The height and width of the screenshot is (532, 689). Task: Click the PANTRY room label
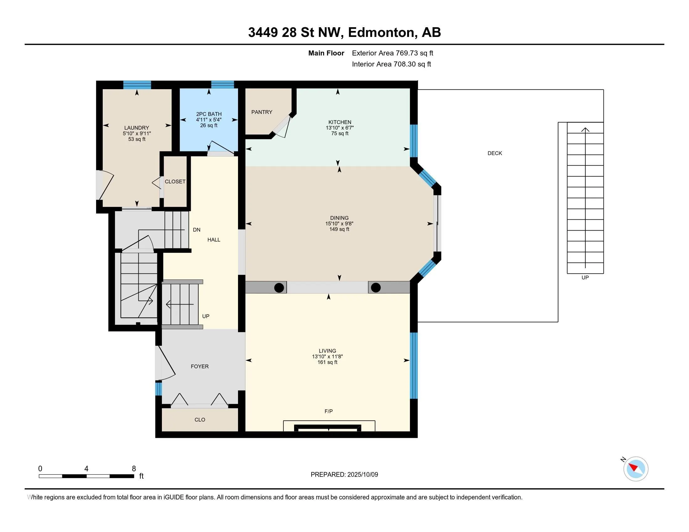pos(262,112)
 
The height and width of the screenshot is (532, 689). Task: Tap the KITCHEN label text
pos(339,122)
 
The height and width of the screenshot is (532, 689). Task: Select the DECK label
pos(494,153)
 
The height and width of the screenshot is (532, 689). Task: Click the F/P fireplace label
pos(329,411)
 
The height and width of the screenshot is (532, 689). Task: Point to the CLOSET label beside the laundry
pos(175,182)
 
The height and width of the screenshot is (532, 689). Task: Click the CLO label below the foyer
pos(200,419)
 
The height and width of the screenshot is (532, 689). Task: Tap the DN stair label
pos(197,230)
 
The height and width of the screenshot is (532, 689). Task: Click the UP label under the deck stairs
pos(585,277)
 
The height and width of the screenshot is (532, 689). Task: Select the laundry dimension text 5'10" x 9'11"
pos(137,133)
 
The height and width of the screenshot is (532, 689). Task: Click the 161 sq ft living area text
pos(327,362)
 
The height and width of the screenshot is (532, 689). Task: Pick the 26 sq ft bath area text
pos(209,125)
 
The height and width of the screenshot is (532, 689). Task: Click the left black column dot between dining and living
pos(279,287)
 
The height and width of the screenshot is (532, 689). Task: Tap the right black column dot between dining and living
pos(376,287)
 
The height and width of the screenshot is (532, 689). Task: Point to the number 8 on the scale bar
pos(134,468)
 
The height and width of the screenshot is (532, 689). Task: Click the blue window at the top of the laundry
pos(137,85)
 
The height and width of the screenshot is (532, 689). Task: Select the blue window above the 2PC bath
pos(222,84)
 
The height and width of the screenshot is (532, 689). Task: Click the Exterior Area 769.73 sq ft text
pos(392,53)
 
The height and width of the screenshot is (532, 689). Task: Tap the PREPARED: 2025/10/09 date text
pos(344,474)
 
